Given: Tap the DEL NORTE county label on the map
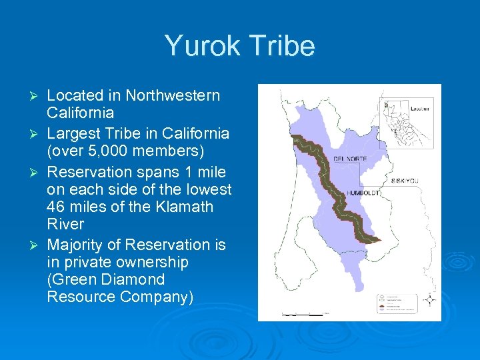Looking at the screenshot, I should point(351,159).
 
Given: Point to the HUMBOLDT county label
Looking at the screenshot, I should point(363,193).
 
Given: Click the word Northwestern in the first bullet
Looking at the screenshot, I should point(173,95).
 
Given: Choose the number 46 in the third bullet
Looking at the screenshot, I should point(57,207).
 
